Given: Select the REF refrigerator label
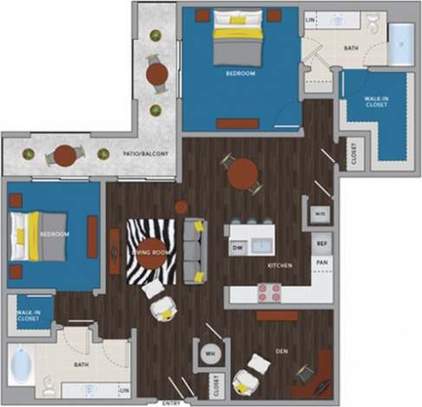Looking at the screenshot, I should click(320, 245).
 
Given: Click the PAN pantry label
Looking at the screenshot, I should click(321, 261).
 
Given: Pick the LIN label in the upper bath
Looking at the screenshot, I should click(310, 18).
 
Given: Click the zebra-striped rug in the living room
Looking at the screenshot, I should click(151, 251).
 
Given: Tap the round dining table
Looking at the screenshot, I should click(243, 172).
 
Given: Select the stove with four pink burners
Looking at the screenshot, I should click(269, 292).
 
